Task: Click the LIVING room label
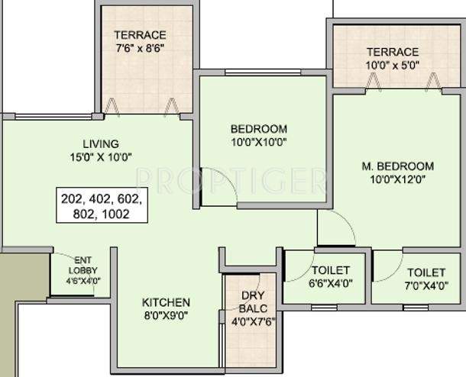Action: click(101, 144)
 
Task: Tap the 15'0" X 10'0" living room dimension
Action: click(101, 158)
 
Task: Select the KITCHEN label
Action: click(166, 302)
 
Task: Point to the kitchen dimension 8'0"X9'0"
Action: click(166, 316)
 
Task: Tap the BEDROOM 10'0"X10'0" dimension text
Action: click(258, 143)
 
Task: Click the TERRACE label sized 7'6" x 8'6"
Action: click(140, 34)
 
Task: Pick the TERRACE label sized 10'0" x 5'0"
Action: click(392, 52)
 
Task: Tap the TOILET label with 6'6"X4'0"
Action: click(330, 271)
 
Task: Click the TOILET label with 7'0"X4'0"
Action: click(426, 272)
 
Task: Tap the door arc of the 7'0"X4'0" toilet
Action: click(390, 266)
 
